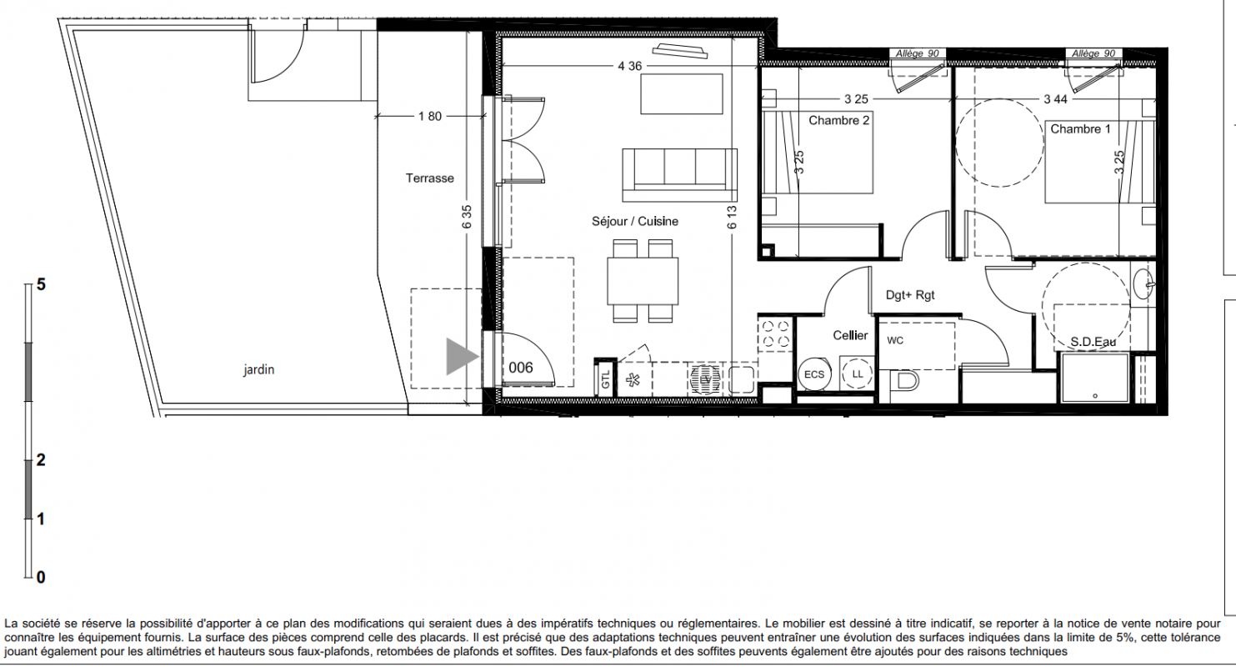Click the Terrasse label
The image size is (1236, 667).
coord(430,178)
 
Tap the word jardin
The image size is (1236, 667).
coord(259,369)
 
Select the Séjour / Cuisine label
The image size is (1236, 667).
coord(635,222)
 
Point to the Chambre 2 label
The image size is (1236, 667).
coord(838,120)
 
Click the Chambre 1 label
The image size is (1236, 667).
coord(1080,129)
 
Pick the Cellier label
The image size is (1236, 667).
coord(850,335)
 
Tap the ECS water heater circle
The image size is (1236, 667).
coord(814,374)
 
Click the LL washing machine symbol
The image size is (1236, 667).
coord(858,374)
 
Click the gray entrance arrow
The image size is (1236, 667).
coord(461,357)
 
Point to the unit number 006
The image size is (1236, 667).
coord(521,368)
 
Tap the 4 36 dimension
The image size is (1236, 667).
coord(629,66)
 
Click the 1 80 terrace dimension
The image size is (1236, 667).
coord(430,117)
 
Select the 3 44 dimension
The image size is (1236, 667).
coord(1056,99)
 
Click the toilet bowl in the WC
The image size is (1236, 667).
coord(906,380)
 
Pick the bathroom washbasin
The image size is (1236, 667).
coord(1143,284)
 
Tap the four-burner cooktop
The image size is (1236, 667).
coord(775,334)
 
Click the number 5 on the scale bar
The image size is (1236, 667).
coord(41,285)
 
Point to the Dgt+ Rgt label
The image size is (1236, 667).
coord(910,295)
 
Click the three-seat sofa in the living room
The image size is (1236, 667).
coord(680,175)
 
